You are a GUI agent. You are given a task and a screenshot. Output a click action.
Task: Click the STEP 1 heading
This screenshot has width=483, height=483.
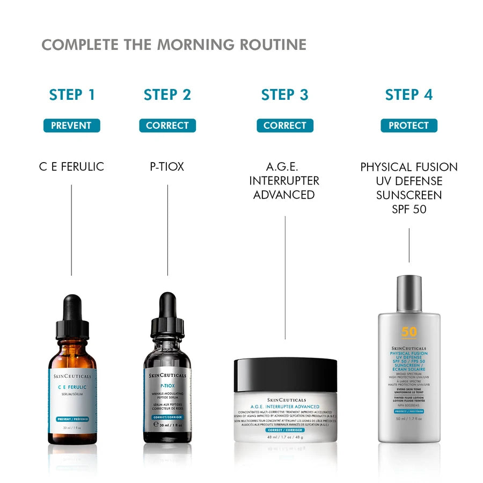tap(72, 95)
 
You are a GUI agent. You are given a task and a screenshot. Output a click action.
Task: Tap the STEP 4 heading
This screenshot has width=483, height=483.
tap(409, 95)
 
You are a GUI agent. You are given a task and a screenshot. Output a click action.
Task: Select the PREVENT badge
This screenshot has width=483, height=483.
tap(71, 126)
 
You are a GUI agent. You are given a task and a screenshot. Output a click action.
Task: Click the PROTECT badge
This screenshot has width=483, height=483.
tap(409, 126)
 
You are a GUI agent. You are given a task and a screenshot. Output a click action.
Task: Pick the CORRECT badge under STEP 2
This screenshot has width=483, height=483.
tap(167, 126)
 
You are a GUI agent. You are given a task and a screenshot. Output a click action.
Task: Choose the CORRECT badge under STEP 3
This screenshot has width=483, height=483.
tap(285, 126)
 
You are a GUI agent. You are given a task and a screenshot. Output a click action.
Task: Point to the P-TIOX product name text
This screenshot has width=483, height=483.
tap(167, 167)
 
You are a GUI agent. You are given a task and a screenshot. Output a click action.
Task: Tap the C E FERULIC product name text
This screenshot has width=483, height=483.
tap(71, 167)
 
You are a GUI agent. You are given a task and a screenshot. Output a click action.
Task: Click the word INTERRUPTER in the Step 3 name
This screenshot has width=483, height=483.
tap(284, 181)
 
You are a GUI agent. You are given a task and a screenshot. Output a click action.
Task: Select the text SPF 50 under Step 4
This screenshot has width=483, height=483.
tap(409, 209)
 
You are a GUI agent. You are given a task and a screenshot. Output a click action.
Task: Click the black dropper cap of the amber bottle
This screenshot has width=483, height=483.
tap(72, 317)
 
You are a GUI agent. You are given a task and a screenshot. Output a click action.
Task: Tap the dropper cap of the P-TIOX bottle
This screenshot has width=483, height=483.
tap(167, 317)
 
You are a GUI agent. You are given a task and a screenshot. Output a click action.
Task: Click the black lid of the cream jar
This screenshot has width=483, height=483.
tap(286, 375)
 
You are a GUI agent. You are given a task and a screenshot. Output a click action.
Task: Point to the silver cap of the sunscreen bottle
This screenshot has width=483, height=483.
tap(409, 293)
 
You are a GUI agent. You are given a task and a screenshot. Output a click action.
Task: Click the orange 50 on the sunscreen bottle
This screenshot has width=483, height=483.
tap(409, 332)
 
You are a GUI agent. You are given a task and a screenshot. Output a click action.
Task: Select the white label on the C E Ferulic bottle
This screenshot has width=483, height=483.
tap(74, 397)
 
